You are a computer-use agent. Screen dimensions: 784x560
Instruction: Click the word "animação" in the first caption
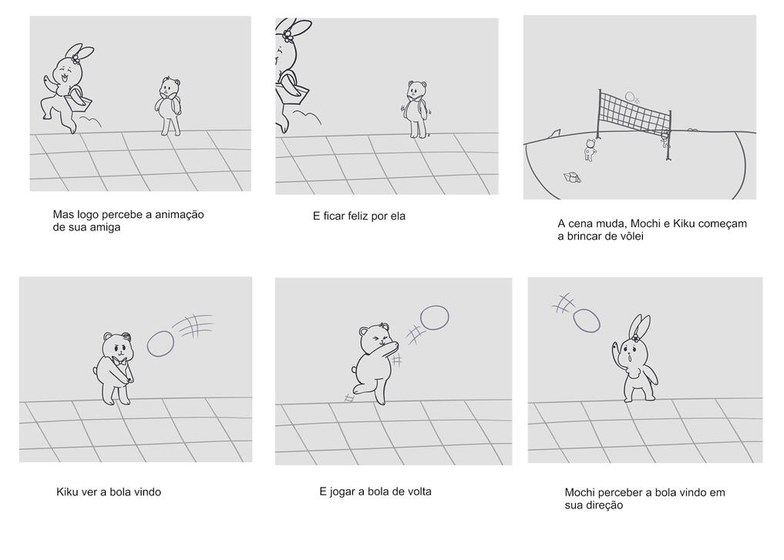(x=180, y=215)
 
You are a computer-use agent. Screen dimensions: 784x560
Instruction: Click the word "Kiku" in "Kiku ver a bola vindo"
(x=66, y=492)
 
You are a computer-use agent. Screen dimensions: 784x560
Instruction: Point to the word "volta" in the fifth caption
(x=419, y=491)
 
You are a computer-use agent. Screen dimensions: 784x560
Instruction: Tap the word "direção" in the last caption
(x=594, y=505)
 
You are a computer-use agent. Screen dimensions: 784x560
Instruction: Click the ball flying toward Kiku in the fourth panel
(x=160, y=344)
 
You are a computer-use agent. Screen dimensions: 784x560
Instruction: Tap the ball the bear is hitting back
(x=435, y=317)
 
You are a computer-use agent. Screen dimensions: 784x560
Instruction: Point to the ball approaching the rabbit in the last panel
(x=587, y=320)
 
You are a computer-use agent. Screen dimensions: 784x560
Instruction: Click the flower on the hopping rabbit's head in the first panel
(x=76, y=59)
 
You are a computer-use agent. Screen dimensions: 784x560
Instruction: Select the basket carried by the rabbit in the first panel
(x=79, y=102)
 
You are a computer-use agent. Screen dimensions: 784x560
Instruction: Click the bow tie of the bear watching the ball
(x=119, y=360)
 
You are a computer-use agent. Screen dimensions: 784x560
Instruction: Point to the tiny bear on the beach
(x=591, y=150)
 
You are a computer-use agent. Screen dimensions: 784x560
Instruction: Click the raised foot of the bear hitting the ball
(x=358, y=389)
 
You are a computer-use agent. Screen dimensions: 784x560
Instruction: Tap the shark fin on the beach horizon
(x=554, y=133)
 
